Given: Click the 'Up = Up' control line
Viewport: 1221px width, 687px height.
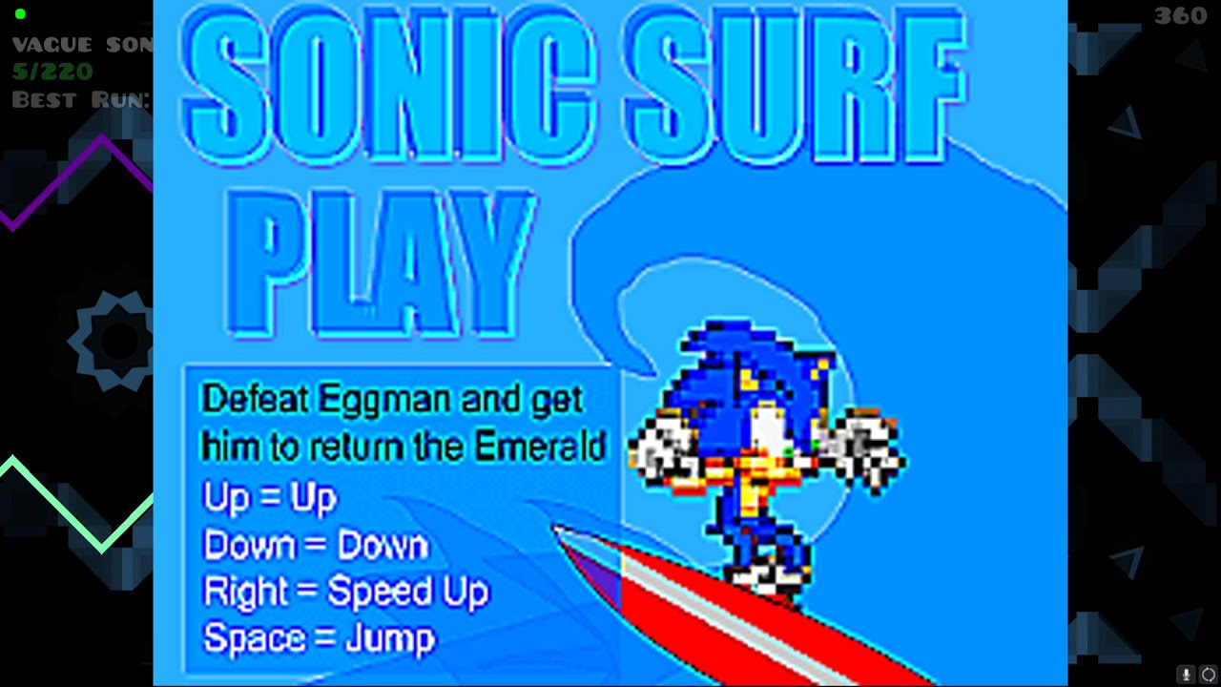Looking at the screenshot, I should pyautogui.click(x=269, y=497).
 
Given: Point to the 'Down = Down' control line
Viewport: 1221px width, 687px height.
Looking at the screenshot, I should pyautogui.click(x=316, y=545).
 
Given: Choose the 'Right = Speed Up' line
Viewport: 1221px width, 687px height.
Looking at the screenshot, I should pyautogui.click(x=345, y=592).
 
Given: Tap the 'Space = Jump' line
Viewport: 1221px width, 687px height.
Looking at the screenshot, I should pyautogui.click(x=320, y=637).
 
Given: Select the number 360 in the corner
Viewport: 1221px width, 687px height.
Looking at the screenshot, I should pyautogui.click(x=1180, y=16).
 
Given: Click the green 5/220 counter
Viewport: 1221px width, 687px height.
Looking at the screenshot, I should pyautogui.click(x=52, y=72).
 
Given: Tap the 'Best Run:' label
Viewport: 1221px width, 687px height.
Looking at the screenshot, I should pyautogui.click(x=81, y=99).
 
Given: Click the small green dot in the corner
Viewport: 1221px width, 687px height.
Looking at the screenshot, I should pyautogui.click(x=20, y=14).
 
